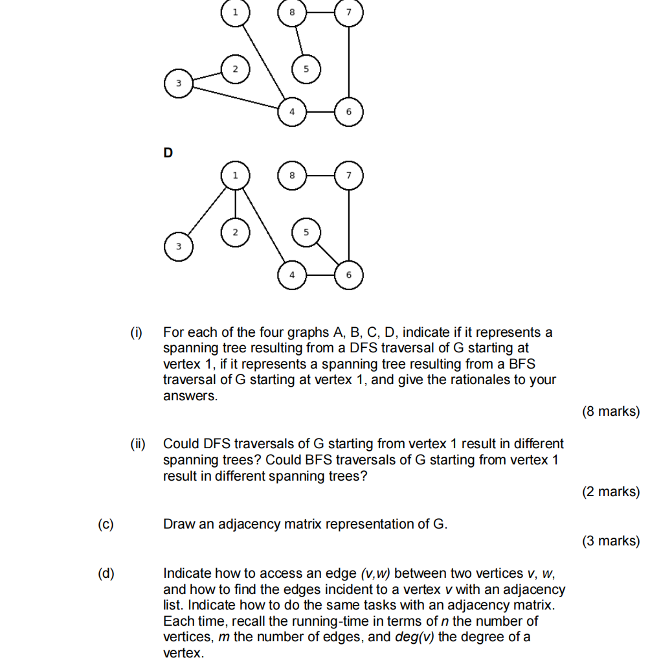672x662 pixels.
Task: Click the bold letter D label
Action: tap(168, 153)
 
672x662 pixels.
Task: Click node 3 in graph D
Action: tap(179, 247)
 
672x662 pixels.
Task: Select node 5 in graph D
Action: tap(306, 231)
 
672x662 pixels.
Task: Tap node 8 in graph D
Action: tap(292, 176)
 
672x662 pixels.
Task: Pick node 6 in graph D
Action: tap(349, 275)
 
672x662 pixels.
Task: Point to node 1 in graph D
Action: tap(235, 176)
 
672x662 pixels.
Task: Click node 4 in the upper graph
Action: tap(292, 111)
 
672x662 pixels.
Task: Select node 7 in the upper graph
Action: tap(349, 12)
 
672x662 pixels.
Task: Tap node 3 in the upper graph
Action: tap(179, 84)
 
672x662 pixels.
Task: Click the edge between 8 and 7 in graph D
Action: tap(320, 176)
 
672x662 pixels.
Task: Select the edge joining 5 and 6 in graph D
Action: tap(328, 253)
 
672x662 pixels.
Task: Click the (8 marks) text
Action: tap(610, 411)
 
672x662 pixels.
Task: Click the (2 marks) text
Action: tap(610, 492)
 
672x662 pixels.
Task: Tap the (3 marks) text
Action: tap(610, 541)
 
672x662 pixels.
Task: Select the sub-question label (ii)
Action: tap(138, 444)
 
